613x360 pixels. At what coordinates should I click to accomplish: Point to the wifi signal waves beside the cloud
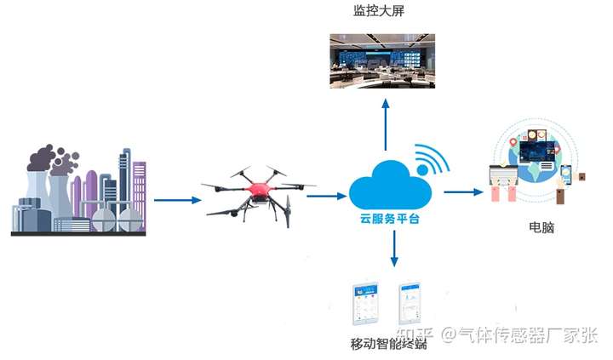click(x=429, y=161)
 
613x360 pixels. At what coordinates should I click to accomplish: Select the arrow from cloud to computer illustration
click(x=463, y=192)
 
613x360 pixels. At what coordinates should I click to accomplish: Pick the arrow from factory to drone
click(x=178, y=200)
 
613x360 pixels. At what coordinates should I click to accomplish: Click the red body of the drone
click(x=259, y=185)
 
